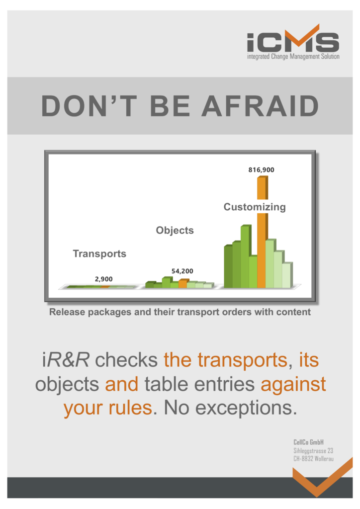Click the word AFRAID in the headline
(261, 106)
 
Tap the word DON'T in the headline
(89, 106)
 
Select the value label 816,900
(262, 170)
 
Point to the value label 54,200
(182, 271)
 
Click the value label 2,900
(104, 279)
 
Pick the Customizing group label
(255, 207)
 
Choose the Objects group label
(175, 230)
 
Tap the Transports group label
(99, 254)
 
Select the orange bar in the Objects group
(183, 283)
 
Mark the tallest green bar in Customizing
(246, 256)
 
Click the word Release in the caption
(67, 312)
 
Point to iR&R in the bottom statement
(66, 360)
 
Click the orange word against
(293, 385)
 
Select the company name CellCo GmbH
(308, 442)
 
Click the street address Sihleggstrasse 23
(313, 450)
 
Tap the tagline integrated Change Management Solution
(293, 57)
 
